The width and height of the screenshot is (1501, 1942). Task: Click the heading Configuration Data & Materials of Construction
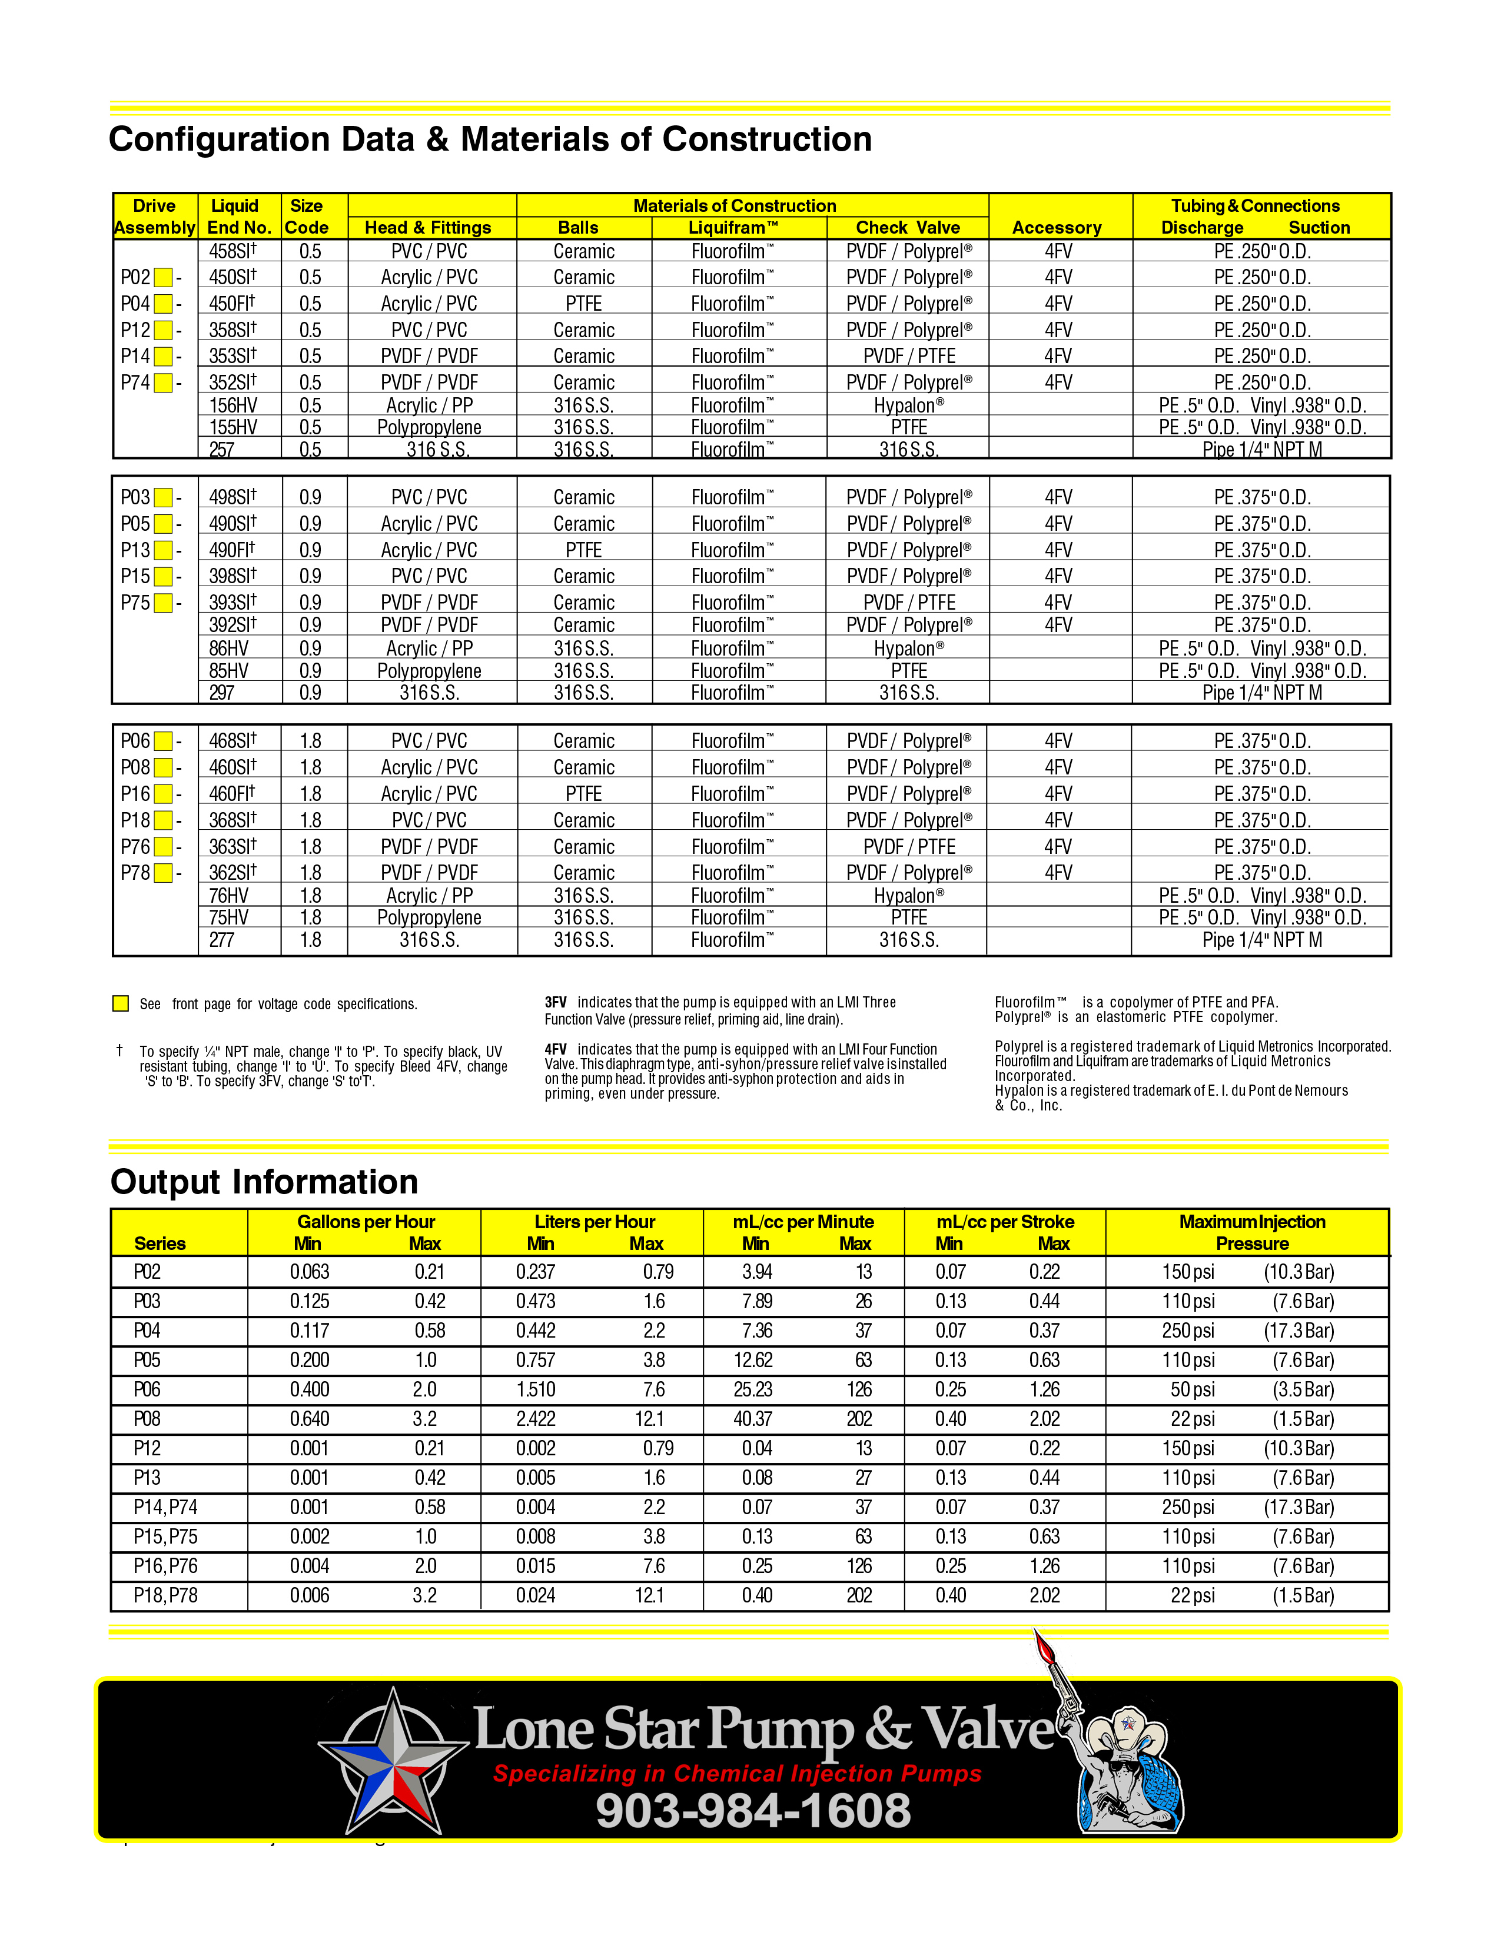click(x=490, y=139)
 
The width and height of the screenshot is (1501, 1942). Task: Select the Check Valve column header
click(x=907, y=228)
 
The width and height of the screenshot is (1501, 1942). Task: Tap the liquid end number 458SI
click(x=232, y=252)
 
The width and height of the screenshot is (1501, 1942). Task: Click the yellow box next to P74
click(x=162, y=383)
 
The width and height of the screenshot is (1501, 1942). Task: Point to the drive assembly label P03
click(x=135, y=497)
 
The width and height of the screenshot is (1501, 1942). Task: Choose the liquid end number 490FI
click(x=231, y=550)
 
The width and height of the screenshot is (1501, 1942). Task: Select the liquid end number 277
click(x=223, y=940)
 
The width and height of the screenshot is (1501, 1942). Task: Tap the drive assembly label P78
click(x=135, y=873)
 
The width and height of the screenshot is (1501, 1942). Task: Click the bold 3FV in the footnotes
click(x=556, y=1002)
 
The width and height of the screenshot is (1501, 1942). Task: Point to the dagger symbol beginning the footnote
click(x=119, y=1051)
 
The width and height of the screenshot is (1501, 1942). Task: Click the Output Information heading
click(x=264, y=1182)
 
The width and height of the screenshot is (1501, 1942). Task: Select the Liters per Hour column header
click(x=594, y=1222)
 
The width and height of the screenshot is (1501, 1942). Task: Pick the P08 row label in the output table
click(x=148, y=1419)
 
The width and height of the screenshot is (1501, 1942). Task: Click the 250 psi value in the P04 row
click(x=1188, y=1331)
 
